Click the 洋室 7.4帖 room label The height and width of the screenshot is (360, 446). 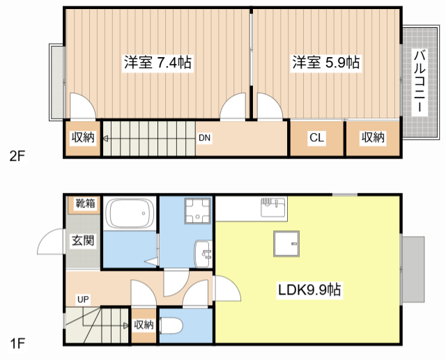(157, 63)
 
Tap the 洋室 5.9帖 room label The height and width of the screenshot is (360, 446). (326, 63)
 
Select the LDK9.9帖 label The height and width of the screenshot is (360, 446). (309, 290)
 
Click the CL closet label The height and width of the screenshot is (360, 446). (316, 138)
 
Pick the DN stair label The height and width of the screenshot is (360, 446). (204, 138)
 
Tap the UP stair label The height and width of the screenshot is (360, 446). (83, 299)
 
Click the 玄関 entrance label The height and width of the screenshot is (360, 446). (82, 241)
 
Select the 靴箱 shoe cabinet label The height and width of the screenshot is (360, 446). (85, 203)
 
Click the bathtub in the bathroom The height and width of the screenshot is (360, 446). (129, 213)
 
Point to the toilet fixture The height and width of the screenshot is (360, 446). (171, 326)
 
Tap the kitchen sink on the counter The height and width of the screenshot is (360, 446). (272, 207)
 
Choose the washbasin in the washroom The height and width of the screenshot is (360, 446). (203, 253)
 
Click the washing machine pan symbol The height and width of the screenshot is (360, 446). (198, 210)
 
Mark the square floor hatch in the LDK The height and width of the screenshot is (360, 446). (286, 244)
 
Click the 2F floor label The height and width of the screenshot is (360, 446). (17, 156)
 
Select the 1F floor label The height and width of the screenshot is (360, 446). (17, 343)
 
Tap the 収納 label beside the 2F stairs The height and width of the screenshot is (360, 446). (83, 137)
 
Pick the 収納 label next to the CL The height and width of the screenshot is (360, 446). (373, 137)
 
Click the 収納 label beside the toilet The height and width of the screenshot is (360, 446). (144, 324)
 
